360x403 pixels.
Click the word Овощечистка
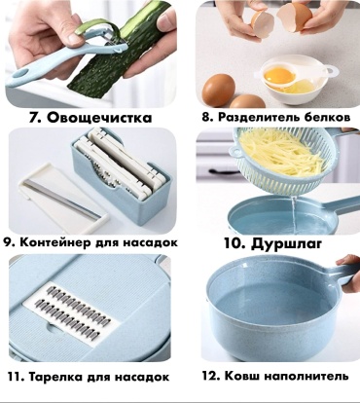click(x=99, y=118)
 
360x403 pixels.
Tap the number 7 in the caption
click(x=34, y=118)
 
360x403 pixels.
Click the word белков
click(x=327, y=117)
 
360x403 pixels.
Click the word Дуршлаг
click(x=286, y=243)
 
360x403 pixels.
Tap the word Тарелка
click(x=55, y=377)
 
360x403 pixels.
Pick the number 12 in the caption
click(x=211, y=376)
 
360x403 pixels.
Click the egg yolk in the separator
click(x=274, y=75)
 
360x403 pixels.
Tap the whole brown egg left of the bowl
click(x=218, y=91)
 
